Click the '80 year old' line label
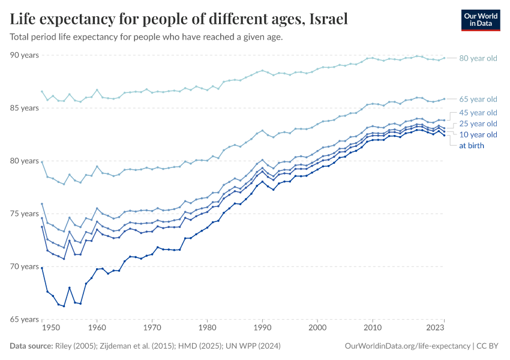point(478,58)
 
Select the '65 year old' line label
point(478,99)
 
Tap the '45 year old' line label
point(478,113)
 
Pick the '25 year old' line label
point(478,124)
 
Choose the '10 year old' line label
point(478,134)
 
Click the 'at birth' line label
point(472,145)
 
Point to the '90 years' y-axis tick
point(25,55)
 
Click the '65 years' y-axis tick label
point(25,319)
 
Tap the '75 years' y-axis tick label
point(25,214)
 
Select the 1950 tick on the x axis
point(51,329)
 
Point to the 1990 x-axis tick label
point(262,329)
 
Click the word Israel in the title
point(329,19)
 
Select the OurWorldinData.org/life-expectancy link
point(407,346)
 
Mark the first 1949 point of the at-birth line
point(42,268)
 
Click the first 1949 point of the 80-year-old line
point(42,91)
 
